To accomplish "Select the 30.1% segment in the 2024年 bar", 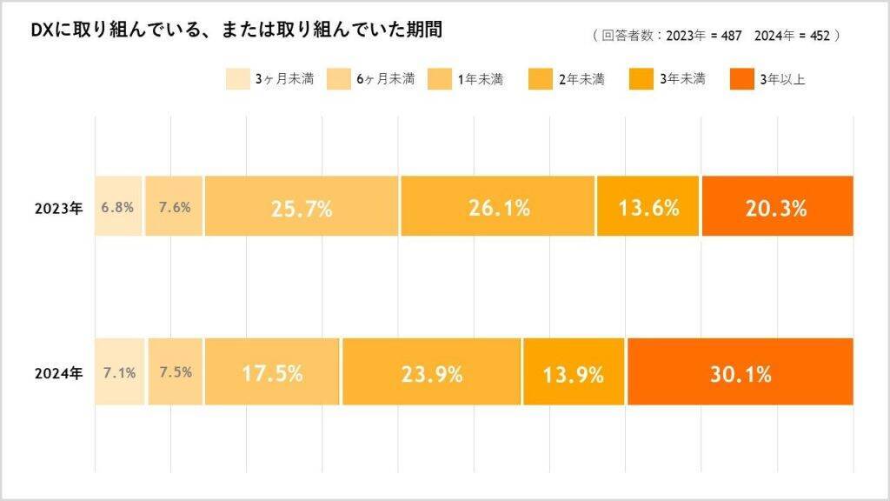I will pyautogui.click(x=740, y=373).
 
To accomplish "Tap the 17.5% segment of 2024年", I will pyautogui.click(x=272, y=373).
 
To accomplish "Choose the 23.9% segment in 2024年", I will pyautogui.click(x=431, y=373).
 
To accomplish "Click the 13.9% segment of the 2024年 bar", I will pyautogui.click(x=573, y=373).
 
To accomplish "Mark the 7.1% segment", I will pyautogui.click(x=119, y=373).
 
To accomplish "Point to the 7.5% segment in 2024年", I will pyautogui.click(x=176, y=373).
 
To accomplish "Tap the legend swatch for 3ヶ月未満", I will pyautogui.click(x=236, y=79).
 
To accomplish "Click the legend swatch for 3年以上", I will pyautogui.click(x=740, y=79).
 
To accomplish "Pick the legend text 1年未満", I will pyautogui.click(x=479, y=79).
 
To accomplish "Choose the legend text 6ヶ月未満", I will pyautogui.click(x=385, y=79).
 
